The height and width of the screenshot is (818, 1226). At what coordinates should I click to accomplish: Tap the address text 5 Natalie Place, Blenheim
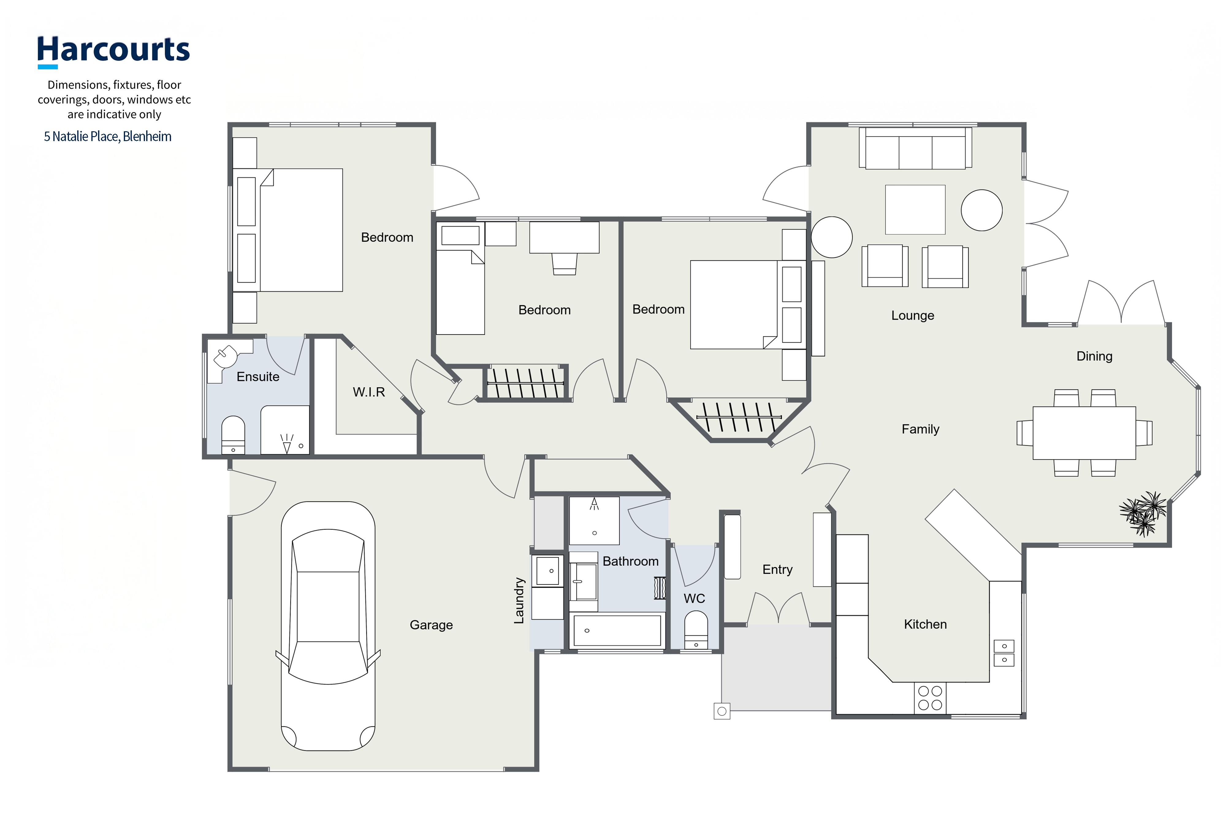pyautogui.click(x=107, y=137)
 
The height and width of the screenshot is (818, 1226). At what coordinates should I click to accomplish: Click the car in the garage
pyautogui.click(x=328, y=626)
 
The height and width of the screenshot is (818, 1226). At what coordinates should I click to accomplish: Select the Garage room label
pyautogui.click(x=431, y=625)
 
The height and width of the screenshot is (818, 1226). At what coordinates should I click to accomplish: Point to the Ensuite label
pyautogui.click(x=258, y=377)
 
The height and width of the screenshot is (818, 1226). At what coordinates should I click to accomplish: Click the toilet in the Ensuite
pyautogui.click(x=233, y=435)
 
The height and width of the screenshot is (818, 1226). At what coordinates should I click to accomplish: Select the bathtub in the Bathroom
pyautogui.click(x=617, y=630)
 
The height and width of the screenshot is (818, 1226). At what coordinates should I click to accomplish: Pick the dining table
pyautogui.click(x=1084, y=433)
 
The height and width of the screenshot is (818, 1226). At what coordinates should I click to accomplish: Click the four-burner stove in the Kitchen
pyautogui.click(x=930, y=698)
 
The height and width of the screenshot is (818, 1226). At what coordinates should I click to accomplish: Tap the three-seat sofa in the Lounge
pyautogui.click(x=915, y=148)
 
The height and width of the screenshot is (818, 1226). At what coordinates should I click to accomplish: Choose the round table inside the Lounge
pyautogui.click(x=981, y=210)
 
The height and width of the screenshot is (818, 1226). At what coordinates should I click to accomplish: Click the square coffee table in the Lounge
pyautogui.click(x=915, y=210)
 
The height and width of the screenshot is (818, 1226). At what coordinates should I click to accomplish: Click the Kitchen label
pyautogui.click(x=925, y=624)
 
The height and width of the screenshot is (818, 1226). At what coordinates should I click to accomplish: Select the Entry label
pyautogui.click(x=777, y=570)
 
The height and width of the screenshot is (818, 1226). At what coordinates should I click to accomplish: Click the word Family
pyautogui.click(x=920, y=429)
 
